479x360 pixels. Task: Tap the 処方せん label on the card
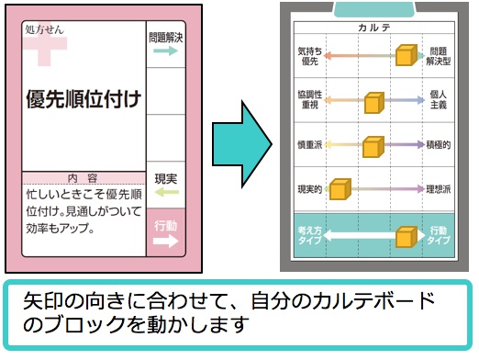(46, 30)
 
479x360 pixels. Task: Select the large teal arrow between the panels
(241, 141)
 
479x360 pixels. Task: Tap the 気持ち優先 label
(311, 55)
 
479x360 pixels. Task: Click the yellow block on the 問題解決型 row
(405, 56)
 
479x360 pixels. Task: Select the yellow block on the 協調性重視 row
(373, 102)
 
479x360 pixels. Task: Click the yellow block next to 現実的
(340, 190)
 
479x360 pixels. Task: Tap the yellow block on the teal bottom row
(406, 238)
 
